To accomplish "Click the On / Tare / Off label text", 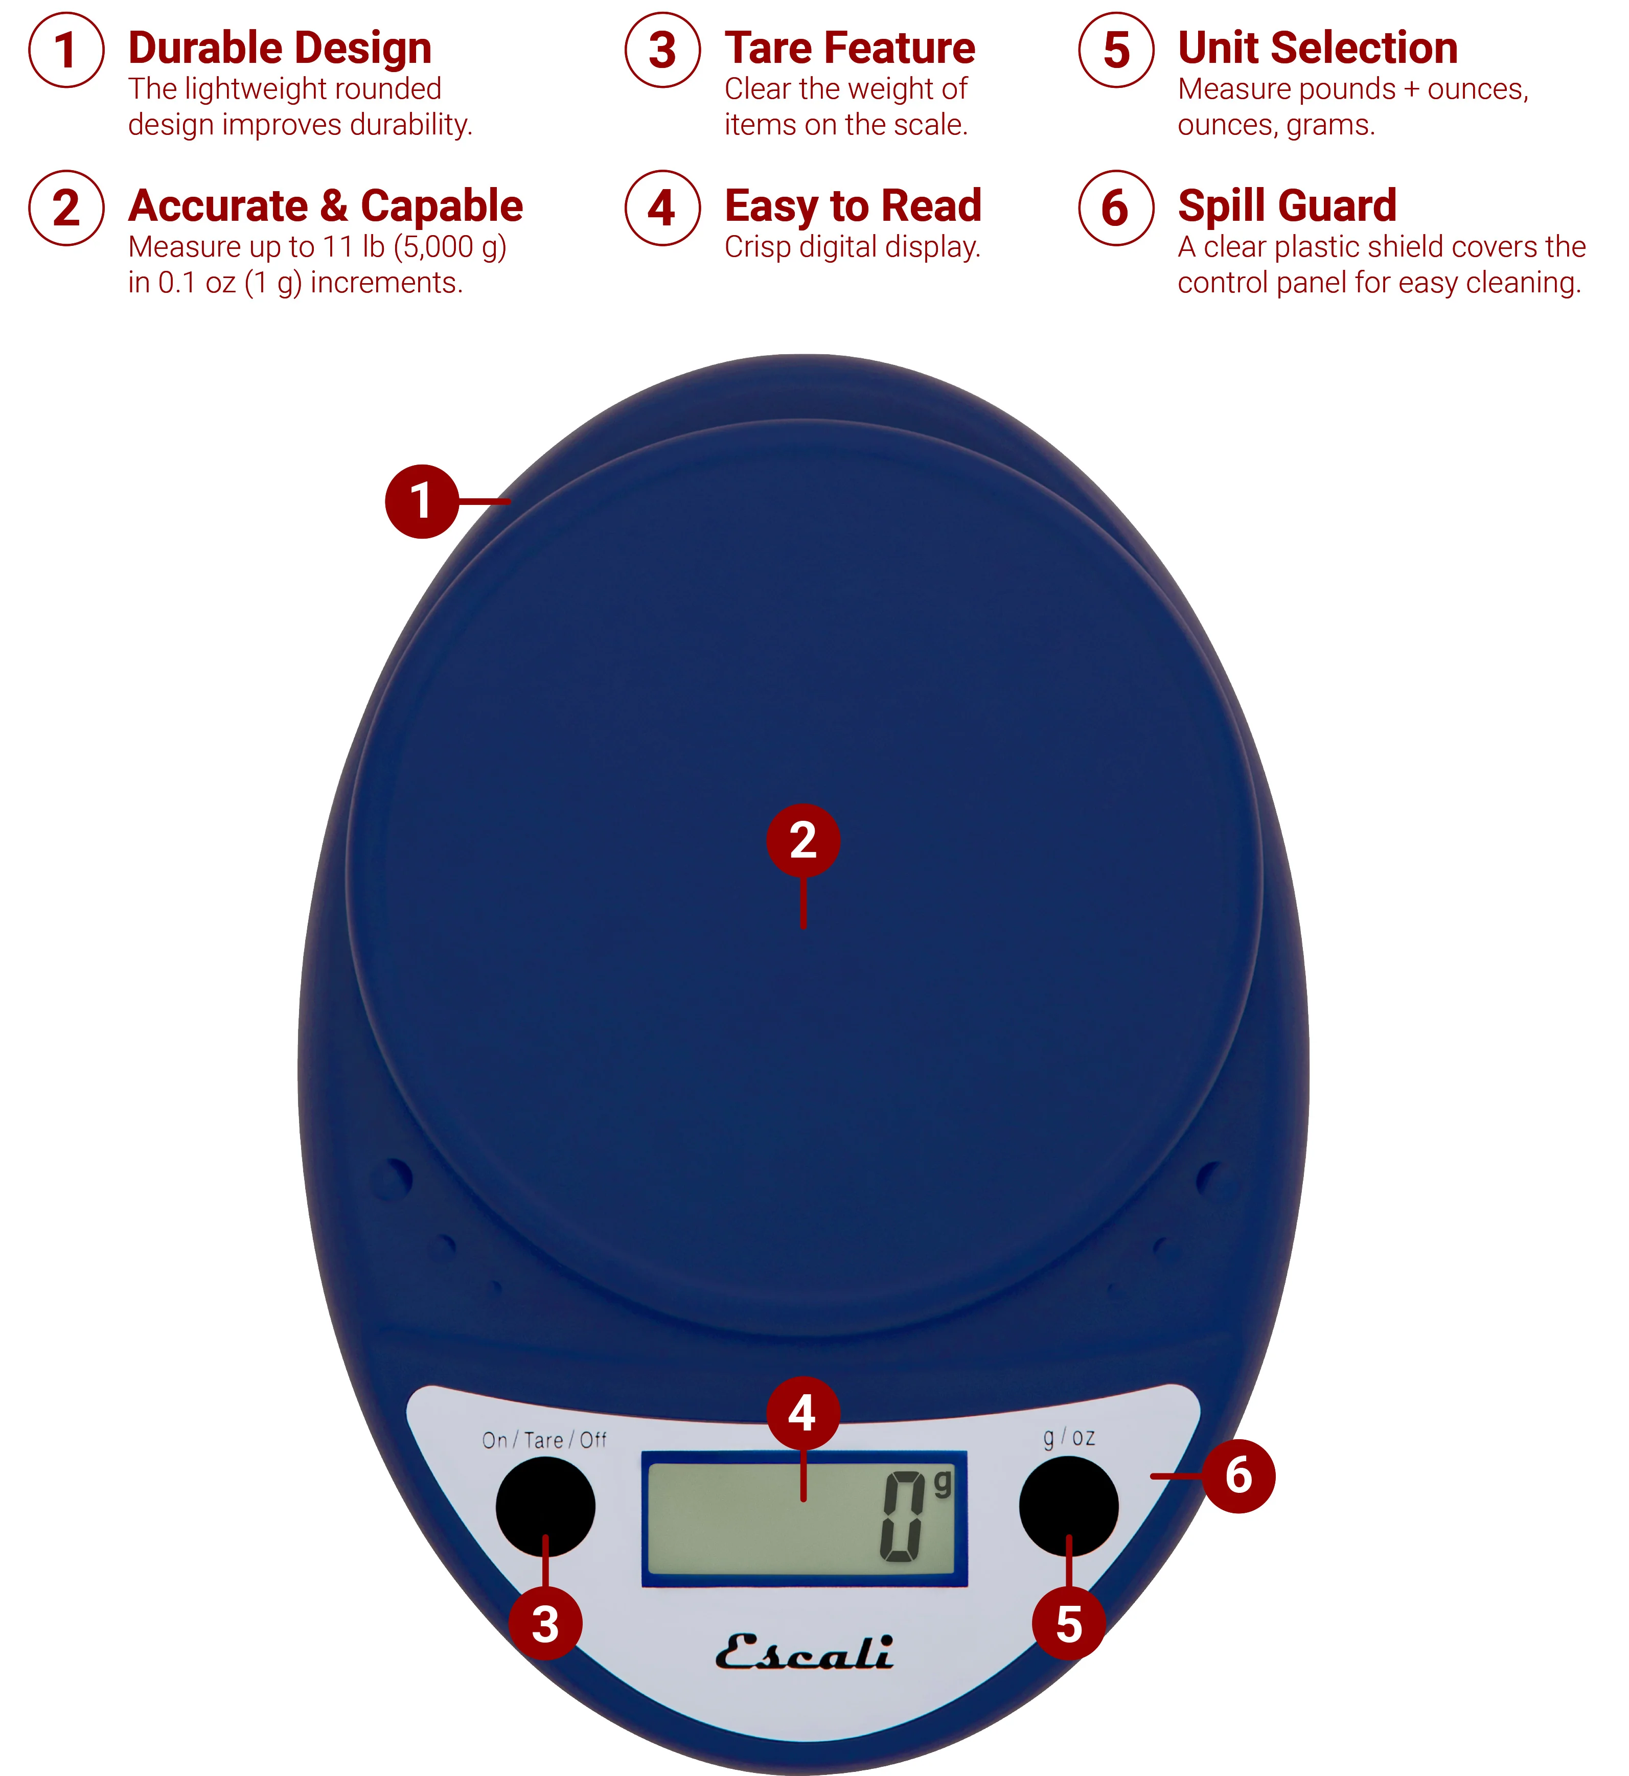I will point(544,1440).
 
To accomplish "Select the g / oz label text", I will point(1068,1438).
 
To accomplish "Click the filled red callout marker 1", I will point(422,501).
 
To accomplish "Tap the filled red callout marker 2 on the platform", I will point(803,840).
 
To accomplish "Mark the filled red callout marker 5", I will point(1068,1624).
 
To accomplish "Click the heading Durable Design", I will point(280,49).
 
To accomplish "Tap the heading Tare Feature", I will point(850,49).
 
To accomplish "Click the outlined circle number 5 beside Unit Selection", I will point(1116,50).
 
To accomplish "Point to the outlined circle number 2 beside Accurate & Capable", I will point(66,208).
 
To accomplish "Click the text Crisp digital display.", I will point(853,247).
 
